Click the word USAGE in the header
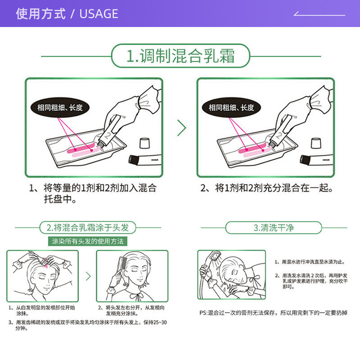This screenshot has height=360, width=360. pyautogui.click(x=99, y=14)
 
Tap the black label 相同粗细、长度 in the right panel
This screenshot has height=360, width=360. pyautogui.click(x=231, y=108)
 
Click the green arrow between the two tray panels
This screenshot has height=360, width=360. pyautogui.click(x=181, y=128)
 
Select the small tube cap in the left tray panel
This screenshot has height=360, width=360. pyautogui.click(x=144, y=143)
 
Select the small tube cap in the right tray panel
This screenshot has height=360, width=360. pyautogui.click(x=317, y=143)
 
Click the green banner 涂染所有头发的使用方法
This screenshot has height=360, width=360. pyautogui.click(x=88, y=241)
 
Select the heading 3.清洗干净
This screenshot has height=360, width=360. pyautogui.click(x=273, y=227)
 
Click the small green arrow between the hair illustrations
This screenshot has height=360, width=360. pyautogui.click(x=88, y=276)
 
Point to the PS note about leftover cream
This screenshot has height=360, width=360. pyautogui.click(x=273, y=313)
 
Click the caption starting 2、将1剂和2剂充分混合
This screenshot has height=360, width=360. pyautogui.click(x=267, y=188)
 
